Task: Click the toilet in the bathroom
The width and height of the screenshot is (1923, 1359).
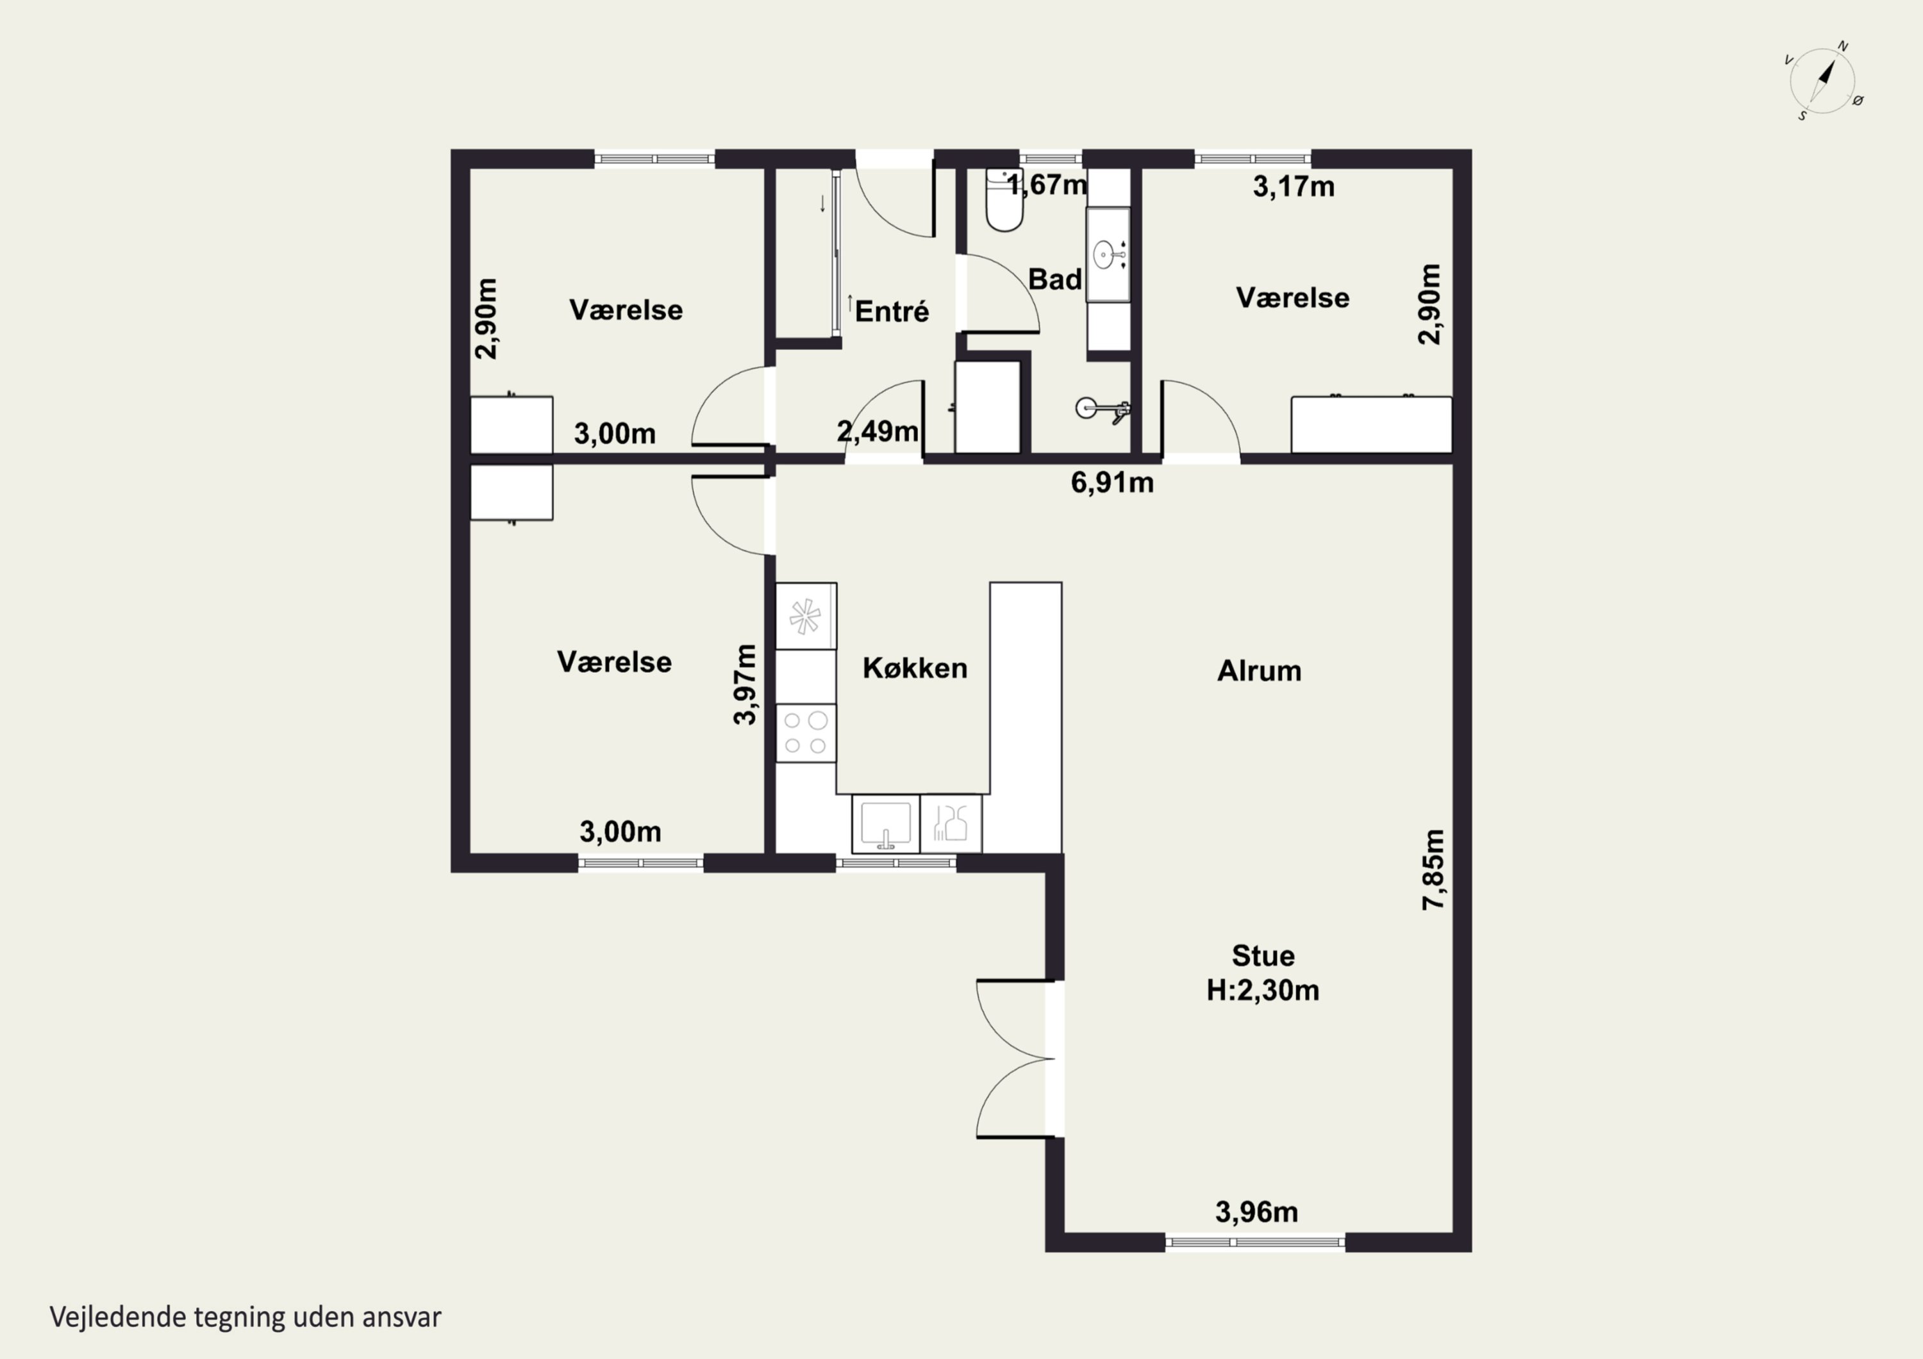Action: point(1003,200)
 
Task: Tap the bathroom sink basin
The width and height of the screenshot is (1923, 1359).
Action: point(1107,254)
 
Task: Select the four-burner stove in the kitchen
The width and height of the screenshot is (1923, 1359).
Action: point(806,732)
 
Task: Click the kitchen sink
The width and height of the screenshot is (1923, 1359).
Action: point(885,823)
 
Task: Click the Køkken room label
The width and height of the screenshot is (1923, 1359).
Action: point(915,668)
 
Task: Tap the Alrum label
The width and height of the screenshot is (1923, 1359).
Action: point(1259,671)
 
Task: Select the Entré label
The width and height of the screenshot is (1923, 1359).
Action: point(891,311)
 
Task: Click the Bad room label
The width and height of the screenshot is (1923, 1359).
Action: point(1054,279)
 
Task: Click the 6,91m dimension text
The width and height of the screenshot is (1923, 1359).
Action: point(1112,482)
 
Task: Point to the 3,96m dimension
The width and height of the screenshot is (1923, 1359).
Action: point(1256,1212)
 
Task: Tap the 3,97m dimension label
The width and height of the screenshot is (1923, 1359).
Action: point(745,684)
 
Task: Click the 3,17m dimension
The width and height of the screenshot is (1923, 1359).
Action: point(1293,186)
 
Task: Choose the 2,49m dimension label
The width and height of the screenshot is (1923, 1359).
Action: point(877,431)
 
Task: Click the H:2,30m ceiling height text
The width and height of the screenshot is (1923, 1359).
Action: point(1262,991)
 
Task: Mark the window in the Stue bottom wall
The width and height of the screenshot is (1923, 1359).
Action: point(1254,1242)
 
